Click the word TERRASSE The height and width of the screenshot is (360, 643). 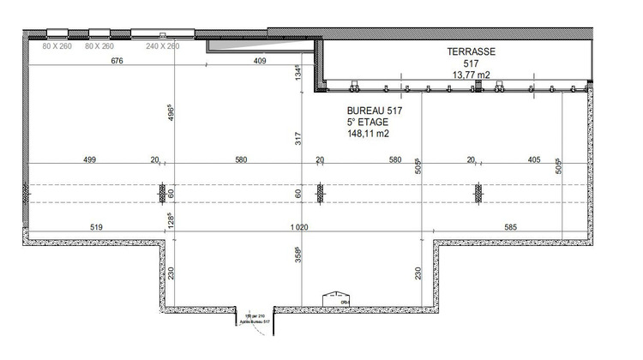click(472, 51)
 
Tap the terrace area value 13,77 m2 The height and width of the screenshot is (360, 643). click(471, 75)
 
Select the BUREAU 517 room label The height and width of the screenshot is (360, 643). click(375, 111)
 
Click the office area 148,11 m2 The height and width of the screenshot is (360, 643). click(368, 134)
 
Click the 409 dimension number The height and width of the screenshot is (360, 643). click(260, 62)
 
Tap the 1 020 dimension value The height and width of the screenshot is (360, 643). click(300, 226)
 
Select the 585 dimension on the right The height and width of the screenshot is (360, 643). click(512, 226)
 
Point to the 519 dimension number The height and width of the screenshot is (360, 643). click(95, 226)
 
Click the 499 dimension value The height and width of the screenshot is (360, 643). click(89, 159)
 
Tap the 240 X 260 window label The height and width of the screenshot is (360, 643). click(162, 46)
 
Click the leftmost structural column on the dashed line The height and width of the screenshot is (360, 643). click(162, 195)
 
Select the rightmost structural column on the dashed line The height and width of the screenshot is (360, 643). click(478, 195)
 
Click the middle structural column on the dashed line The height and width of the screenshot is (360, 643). click(320, 195)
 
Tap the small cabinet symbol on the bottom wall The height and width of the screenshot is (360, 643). click(334, 298)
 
